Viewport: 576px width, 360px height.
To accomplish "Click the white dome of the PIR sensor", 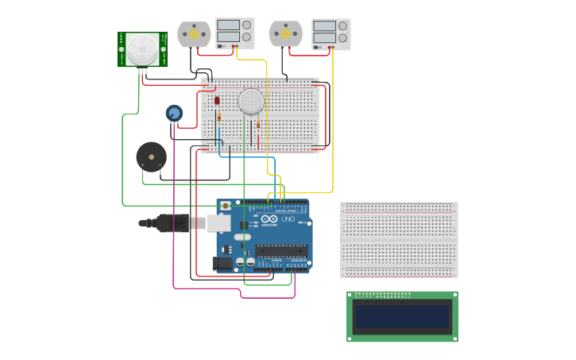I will click(142, 48).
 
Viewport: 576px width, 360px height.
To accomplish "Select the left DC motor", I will click(192, 34).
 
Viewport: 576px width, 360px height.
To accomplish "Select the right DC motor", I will click(285, 34).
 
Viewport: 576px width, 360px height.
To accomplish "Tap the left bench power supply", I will click(235, 34).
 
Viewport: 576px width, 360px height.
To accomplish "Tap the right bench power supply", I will click(331, 34).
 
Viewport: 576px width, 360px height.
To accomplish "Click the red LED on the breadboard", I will click(217, 101).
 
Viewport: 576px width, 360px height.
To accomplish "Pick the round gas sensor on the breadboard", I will click(250, 101).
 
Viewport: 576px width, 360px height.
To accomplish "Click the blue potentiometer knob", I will click(173, 114).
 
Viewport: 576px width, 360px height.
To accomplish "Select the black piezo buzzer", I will click(151, 157).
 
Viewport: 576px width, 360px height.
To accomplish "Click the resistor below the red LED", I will click(219, 119).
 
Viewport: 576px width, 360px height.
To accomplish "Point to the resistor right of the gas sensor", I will click(258, 125).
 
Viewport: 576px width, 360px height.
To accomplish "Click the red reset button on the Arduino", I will click(226, 206).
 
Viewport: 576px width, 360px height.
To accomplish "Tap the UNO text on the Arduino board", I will click(288, 219).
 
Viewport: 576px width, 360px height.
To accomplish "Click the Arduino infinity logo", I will click(269, 219).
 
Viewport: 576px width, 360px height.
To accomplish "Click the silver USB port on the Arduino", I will click(220, 223).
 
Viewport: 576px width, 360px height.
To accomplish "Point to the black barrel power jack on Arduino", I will click(222, 262).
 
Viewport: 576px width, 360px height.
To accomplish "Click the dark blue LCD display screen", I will click(402, 316).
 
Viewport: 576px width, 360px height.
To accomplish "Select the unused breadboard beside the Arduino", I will click(399, 239).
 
